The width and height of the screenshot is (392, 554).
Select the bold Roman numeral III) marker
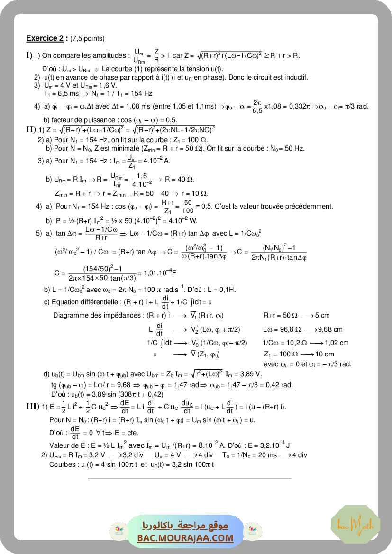pyautogui.click(x=32, y=406)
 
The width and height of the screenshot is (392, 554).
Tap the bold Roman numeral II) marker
pyautogui.click(x=31, y=130)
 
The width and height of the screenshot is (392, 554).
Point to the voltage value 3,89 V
pyautogui.click(x=252, y=374)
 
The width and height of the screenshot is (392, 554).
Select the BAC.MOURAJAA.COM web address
pyautogui.click(x=185, y=538)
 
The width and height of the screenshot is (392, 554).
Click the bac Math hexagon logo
pyautogui.click(x=348, y=524)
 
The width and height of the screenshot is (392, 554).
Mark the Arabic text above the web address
pyautogui.click(x=185, y=526)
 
